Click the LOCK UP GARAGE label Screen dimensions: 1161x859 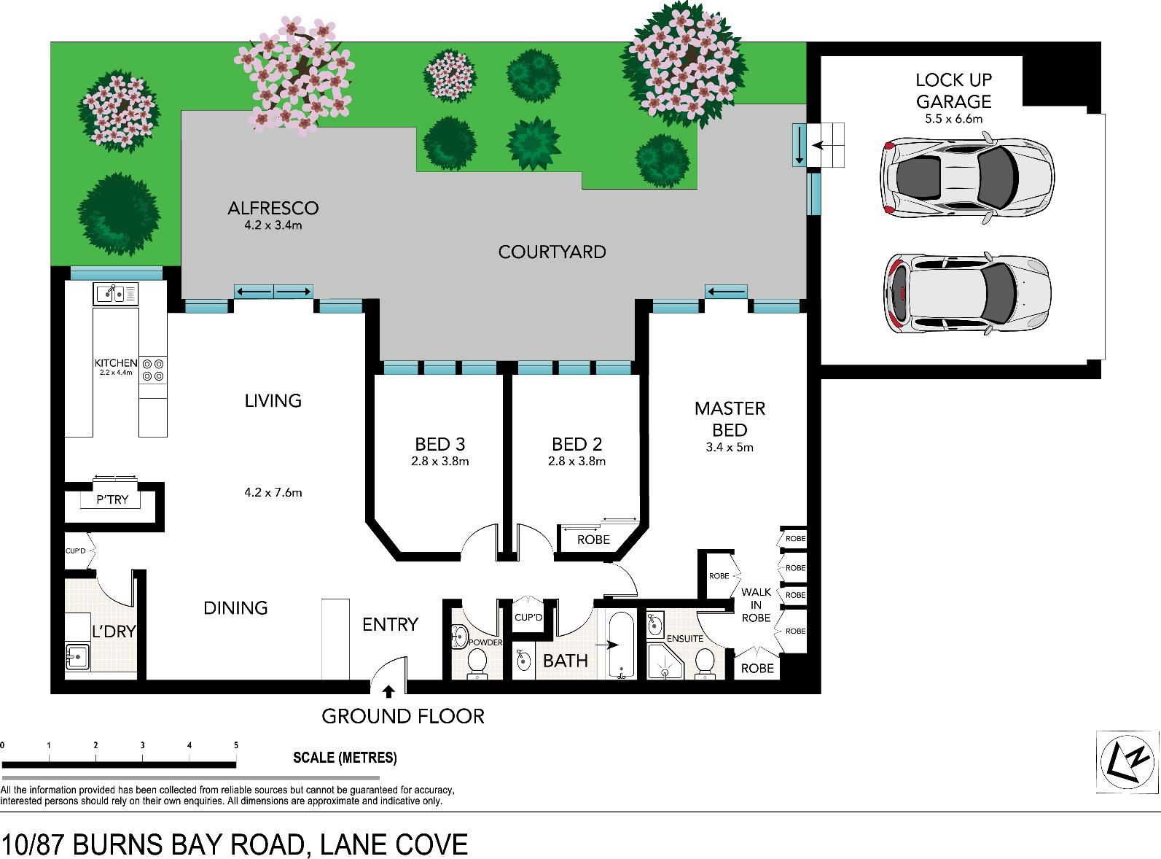(954, 90)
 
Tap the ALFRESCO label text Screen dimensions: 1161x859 (273, 209)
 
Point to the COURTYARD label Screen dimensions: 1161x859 (552, 252)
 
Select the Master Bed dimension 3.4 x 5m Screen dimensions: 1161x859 (729, 447)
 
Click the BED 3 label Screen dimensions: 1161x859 (439, 445)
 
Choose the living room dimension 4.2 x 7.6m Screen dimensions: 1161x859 (273, 492)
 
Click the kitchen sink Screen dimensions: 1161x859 (116, 294)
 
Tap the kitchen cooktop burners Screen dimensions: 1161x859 (153, 370)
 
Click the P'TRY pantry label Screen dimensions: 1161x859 (112, 500)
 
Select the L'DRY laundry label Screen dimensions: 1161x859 (114, 631)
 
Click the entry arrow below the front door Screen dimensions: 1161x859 (388, 692)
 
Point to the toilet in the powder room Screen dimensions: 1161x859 (477, 663)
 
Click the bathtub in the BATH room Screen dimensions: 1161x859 (622, 645)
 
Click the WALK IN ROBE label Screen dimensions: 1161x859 (756, 605)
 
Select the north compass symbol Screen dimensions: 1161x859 (1127, 761)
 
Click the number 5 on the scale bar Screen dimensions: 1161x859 (236, 745)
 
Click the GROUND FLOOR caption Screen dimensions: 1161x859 (403, 716)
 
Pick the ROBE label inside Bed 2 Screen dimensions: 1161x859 (593, 540)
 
